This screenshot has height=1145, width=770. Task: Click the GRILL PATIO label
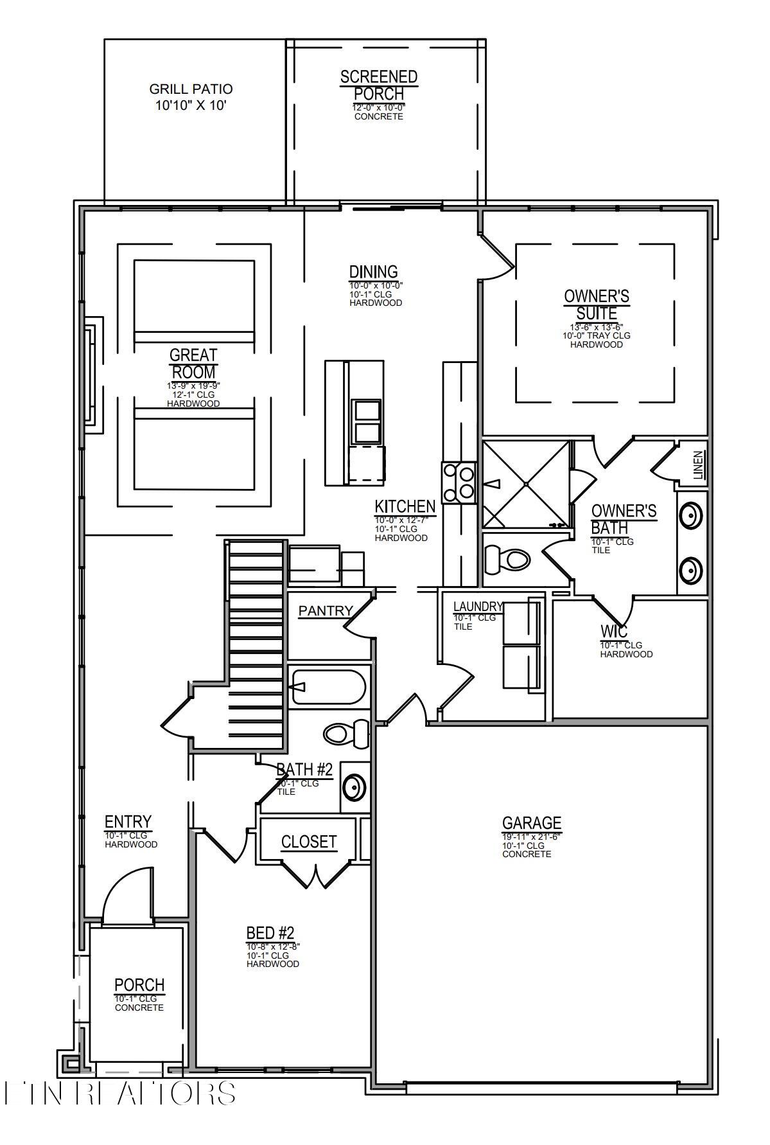pyautogui.click(x=191, y=89)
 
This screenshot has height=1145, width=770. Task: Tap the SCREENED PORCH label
pyautogui.click(x=379, y=85)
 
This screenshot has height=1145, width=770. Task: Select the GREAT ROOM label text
pyautogui.click(x=193, y=364)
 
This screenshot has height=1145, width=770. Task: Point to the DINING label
pyautogui.click(x=373, y=272)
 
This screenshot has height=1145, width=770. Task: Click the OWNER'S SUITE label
pyautogui.click(x=597, y=305)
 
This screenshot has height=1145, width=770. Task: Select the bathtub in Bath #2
pyautogui.click(x=328, y=688)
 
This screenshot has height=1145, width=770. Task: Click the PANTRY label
pyautogui.click(x=326, y=611)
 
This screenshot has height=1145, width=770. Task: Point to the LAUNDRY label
pyautogui.click(x=478, y=607)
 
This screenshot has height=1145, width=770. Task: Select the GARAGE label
pyautogui.click(x=532, y=823)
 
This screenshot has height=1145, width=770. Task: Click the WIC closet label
pyautogui.click(x=614, y=631)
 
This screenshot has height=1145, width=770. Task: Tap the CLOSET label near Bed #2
pyautogui.click(x=309, y=842)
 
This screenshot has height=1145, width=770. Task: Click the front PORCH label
pyautogui.click(x=139, y=985)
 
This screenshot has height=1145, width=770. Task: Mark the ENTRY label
pyautogui.click(x=128, y=822)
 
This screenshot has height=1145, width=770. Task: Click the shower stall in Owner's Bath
pyautogui.click(x=525, y=483)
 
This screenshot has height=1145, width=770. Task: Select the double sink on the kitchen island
pyautogui.click(x=367, y=421)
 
